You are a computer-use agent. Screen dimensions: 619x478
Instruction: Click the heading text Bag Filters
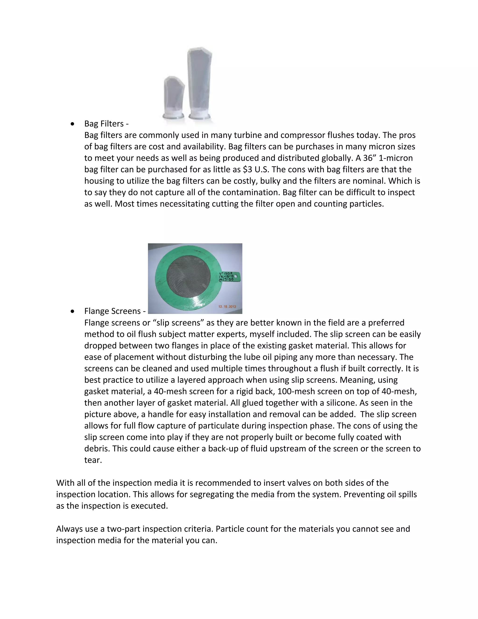(x=104, y=124)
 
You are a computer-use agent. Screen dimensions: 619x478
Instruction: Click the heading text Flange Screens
(x=112, y=311)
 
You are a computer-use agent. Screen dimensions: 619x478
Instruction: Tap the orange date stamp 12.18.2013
(x=227, y=306)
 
